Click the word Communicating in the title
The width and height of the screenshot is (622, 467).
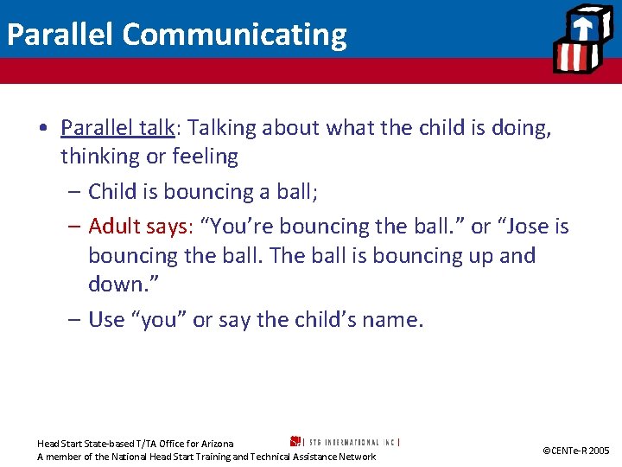[234, 35]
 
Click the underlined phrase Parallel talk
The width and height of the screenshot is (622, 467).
[117, 128]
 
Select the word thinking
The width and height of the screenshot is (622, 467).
[99, 157]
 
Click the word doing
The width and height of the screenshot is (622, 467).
[521, 128]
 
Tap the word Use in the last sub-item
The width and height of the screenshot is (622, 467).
[106, 320]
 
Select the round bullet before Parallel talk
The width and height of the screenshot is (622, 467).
[42, 129]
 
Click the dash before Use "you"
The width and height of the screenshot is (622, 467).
[74, 320]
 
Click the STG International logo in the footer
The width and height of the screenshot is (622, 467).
[345, 441]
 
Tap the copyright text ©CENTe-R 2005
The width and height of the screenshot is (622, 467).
[575, 451]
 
